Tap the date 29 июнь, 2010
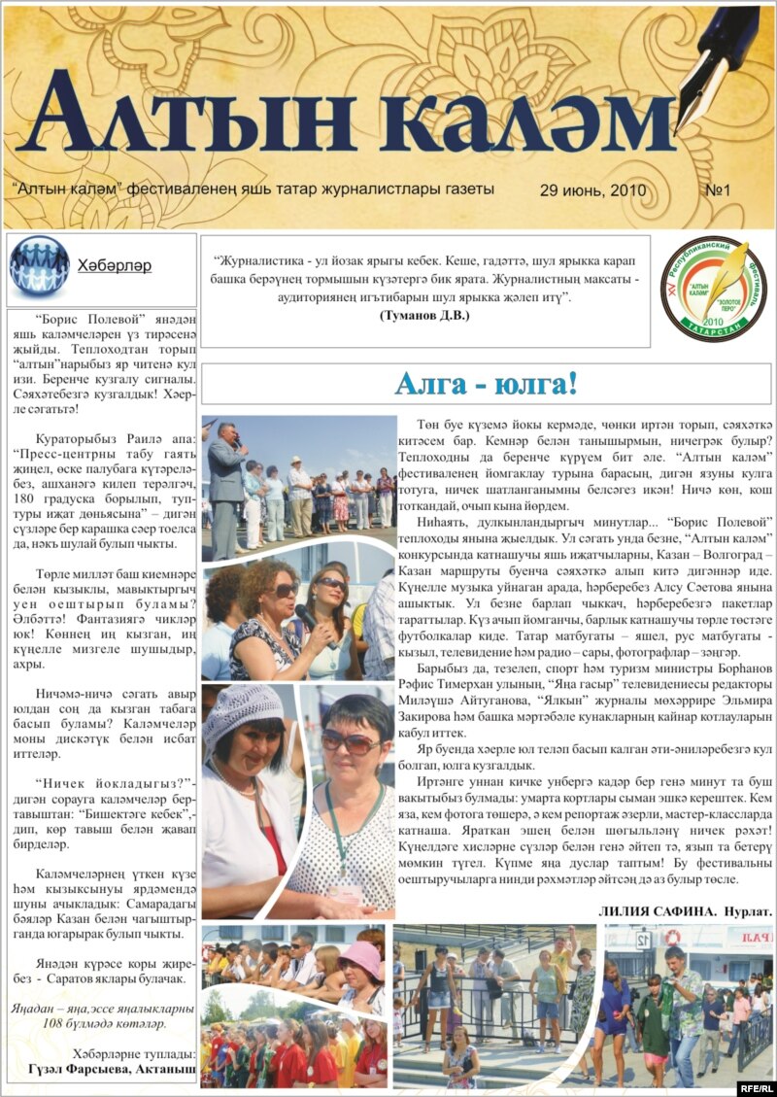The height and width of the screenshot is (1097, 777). (586, 189)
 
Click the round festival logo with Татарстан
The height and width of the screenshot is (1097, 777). (713, 289)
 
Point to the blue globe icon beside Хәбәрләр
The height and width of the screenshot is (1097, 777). (39, 265)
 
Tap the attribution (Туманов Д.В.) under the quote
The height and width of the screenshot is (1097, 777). (424, 316)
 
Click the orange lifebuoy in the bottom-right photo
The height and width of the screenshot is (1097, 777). (672, 937)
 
